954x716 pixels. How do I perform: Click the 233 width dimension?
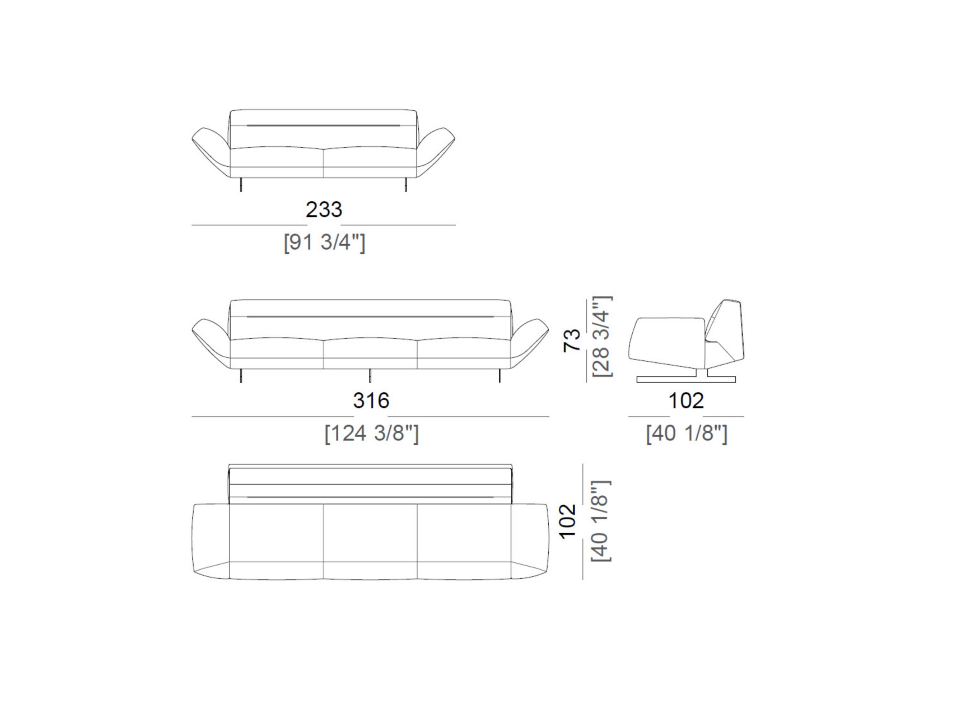point(324,210)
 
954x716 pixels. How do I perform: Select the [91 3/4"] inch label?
point(324,242)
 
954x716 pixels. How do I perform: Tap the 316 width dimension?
point(371,401)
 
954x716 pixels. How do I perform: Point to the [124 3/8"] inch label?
point(371,433)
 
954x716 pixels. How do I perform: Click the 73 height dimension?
point(572,340)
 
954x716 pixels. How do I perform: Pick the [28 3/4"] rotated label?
point(602,336)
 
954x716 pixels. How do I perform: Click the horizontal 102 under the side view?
point(686,401)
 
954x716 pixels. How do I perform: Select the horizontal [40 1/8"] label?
point(687,433)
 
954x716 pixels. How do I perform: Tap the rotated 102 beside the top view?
point(567,521)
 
